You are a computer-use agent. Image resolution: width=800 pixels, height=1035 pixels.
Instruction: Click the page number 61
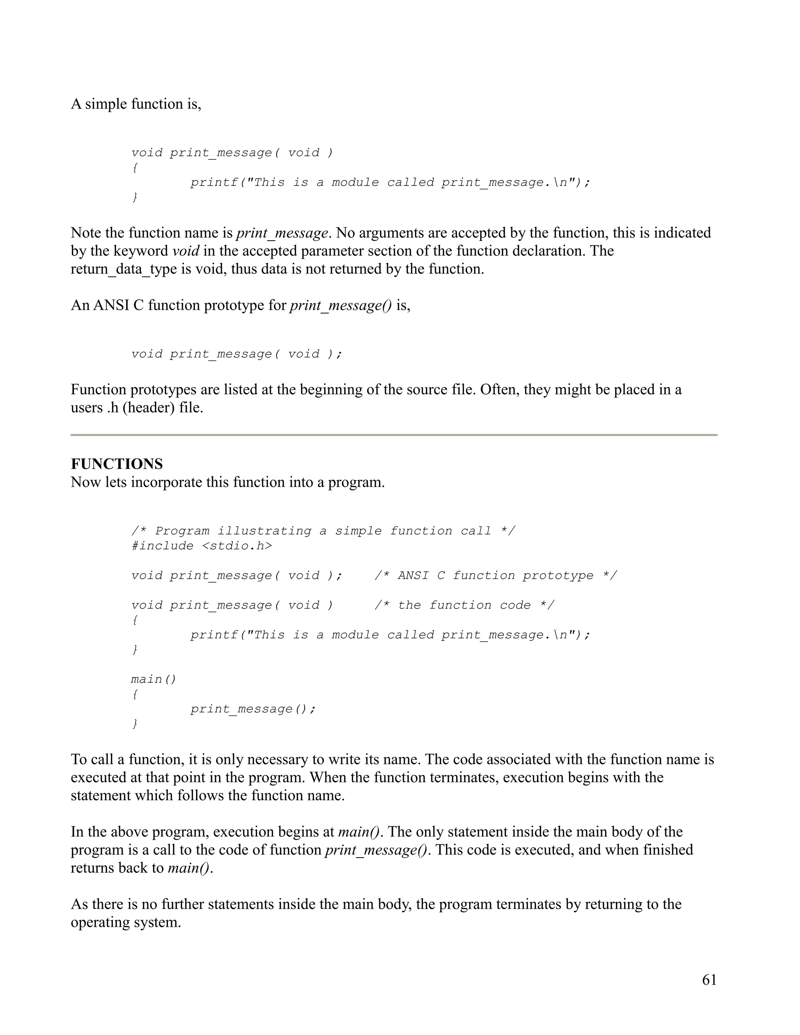709,980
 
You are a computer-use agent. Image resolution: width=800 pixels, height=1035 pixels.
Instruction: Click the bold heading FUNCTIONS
116,464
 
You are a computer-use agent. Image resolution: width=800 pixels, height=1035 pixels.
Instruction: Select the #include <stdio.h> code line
202,546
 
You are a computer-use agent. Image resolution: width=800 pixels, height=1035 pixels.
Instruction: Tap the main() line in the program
154,679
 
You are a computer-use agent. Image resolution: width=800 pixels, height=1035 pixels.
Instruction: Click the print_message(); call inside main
253,709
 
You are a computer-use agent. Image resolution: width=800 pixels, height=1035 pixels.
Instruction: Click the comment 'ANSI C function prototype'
495,575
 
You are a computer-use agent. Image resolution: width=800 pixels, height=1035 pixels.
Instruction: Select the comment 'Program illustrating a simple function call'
323,531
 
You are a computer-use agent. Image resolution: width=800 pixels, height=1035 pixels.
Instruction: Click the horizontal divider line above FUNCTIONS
393,435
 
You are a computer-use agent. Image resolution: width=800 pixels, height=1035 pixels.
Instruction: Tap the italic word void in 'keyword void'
185,251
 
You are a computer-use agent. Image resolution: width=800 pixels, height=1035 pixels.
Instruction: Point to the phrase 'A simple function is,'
136,104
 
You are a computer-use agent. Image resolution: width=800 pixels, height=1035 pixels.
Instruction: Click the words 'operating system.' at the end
126,922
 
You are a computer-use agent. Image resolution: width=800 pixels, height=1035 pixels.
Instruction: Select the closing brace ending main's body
135,724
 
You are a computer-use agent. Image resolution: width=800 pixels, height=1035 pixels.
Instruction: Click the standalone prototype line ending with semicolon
236,354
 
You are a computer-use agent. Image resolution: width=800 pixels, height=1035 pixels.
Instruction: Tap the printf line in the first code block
390,182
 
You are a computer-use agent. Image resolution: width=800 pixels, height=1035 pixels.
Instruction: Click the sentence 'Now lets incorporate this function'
227,482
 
